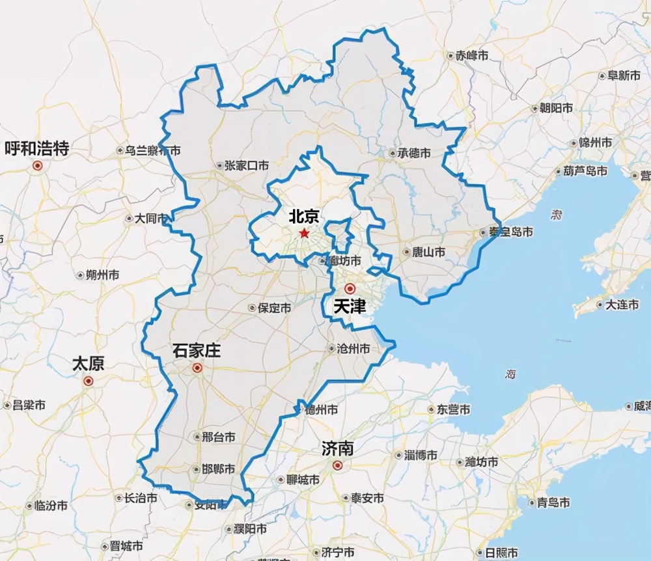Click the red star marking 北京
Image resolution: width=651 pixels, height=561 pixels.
[304, 233]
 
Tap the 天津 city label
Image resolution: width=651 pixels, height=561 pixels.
[350, 307]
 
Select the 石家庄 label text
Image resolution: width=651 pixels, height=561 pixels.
[196, 351]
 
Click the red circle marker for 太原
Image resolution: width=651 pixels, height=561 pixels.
[89, 381]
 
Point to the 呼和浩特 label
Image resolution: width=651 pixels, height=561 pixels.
[37, 148]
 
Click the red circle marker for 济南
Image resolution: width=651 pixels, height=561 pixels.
[337, 465]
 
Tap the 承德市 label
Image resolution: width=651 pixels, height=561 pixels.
[415, 154]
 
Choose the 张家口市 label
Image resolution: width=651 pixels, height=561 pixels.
[246, 165]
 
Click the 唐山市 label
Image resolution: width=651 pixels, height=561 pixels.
[428, 252]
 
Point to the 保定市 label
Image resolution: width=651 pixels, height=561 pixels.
[274, 308]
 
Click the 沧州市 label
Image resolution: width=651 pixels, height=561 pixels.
[353, 349]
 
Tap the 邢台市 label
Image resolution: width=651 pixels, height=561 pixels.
[219, 437]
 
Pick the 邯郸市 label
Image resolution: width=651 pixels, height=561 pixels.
[218, 469]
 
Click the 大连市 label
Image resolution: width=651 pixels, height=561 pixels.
[622, 305]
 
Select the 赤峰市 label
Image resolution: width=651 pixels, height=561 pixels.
[472, 56]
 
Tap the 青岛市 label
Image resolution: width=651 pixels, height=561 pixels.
[553, 502]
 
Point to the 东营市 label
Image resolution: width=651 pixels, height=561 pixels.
[453, 409]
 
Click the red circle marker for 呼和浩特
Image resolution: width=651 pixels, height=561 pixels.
[38, 165]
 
